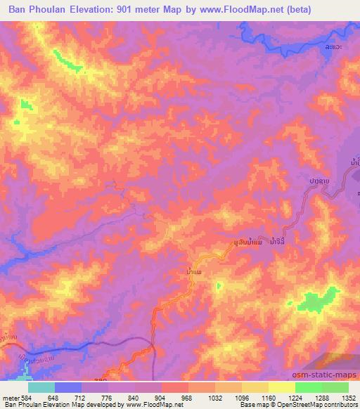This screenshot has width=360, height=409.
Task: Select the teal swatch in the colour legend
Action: [41, 387]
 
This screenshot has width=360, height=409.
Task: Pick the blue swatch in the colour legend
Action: [67, 387]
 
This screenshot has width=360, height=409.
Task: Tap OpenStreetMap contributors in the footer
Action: [321, 404]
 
